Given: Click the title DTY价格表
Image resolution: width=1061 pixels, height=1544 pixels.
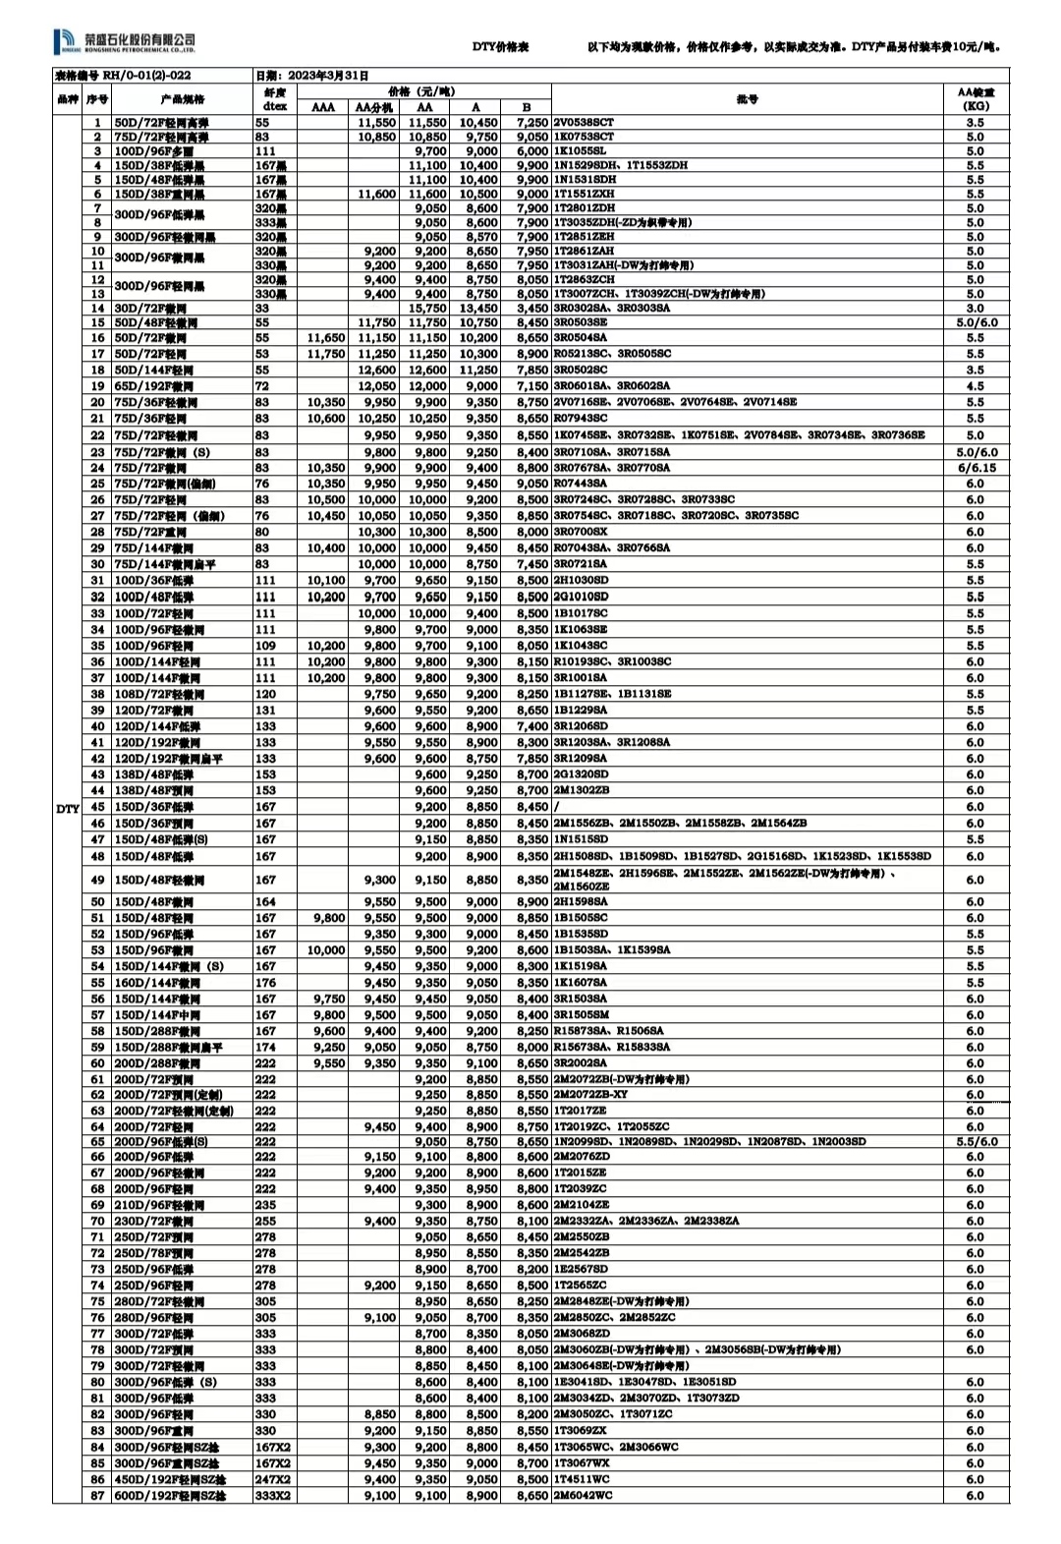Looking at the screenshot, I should [x=500, y=47].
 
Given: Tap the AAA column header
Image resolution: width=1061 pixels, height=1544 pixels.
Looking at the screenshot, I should [x=322, y=107].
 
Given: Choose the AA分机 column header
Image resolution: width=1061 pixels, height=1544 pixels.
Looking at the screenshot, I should [x=373, y=107].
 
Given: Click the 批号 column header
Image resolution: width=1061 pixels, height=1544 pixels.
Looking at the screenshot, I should [x=747, y=99].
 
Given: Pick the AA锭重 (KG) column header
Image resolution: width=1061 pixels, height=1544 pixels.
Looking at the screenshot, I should [x=975, y=98].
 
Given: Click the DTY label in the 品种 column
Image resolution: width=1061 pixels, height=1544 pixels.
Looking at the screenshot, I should [x=67, y=808].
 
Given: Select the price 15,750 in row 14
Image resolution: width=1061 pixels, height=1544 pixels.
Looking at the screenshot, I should [x=427, y=308].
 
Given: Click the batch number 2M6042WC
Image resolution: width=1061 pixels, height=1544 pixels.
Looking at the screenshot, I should [x=582, y=1495].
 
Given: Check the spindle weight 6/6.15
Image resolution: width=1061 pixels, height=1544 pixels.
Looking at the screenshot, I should [x=975, y=468].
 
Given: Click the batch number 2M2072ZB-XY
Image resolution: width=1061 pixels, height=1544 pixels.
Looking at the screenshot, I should [x=590, y=1094].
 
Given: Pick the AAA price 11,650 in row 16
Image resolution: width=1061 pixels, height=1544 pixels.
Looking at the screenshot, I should [x=325, y=337].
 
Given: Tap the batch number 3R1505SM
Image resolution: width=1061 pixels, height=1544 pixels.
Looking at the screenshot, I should [x=581, y=1014].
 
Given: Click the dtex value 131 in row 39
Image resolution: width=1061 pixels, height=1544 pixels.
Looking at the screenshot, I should [x=265, y=710].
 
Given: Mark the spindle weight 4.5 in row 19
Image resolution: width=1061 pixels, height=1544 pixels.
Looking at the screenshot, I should [x=975, y=386].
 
